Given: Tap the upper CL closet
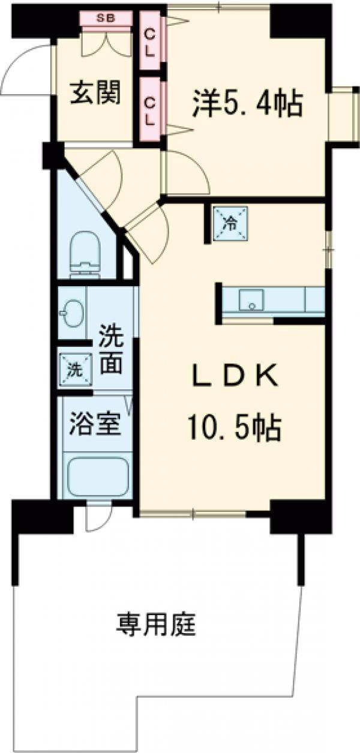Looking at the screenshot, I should [149, 43].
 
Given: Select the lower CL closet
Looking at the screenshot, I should [149, 110].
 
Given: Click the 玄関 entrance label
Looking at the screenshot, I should [95, 93].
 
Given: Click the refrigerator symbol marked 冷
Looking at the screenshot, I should [230, 222].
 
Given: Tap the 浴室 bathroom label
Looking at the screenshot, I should [95, 424].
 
